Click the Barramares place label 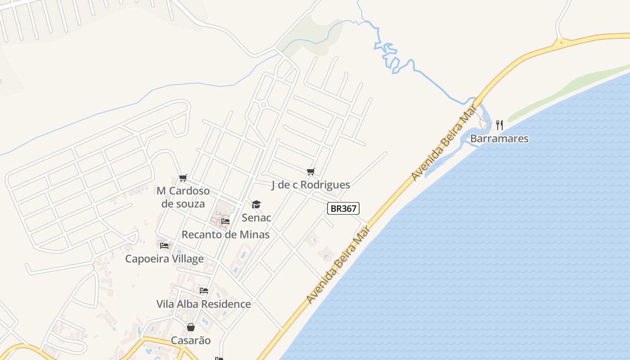click(x=499, y=138)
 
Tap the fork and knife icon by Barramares click(x=499, y=125)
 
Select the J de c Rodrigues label click(x=310, y=184)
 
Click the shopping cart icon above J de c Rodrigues click(x=310, y=171)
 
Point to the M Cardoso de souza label click(x=183, y=197)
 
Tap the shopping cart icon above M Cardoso click(x=183, y=178)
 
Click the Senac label click(x=256, y=218)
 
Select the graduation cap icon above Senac click(x=256, y=205)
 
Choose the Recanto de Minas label click(x=225, y=234)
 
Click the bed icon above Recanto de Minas click(x=225, y=221)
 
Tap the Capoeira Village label click(x=164, y=259)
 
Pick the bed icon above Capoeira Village click(x=164, y=246)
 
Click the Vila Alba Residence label click(x=203, y=304)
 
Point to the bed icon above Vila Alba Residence click(x=204, y=291)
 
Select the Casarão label click(x=191, y=340)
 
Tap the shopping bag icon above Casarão click(x=191, y=327)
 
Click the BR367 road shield click(x=343, y=208)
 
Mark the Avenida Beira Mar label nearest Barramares click(x=444, y=142)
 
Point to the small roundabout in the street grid click(x=264, y=105)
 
